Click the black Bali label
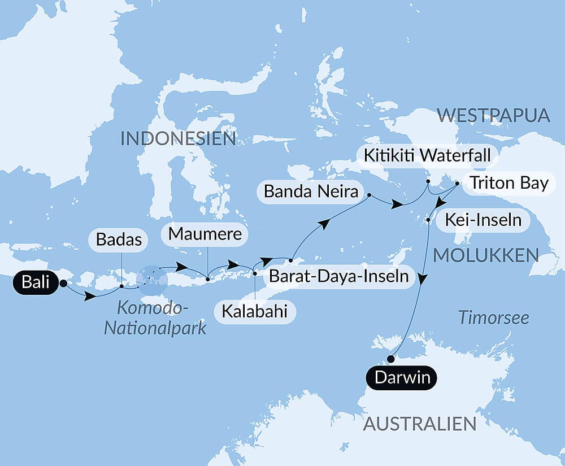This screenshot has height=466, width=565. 36,282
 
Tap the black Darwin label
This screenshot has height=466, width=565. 402,377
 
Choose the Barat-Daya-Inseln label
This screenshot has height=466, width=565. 338,277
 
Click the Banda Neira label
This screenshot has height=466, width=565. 311,192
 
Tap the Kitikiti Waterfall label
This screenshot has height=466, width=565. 427,155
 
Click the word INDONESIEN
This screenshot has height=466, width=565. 178,138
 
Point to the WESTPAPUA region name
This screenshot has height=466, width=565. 493,116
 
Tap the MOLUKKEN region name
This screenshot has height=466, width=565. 486,255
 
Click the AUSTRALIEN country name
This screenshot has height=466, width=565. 420,424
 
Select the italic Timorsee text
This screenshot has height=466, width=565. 493,317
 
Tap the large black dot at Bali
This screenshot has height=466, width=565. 63,284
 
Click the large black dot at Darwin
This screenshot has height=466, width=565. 390,358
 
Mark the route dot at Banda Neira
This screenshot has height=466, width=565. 370,196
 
